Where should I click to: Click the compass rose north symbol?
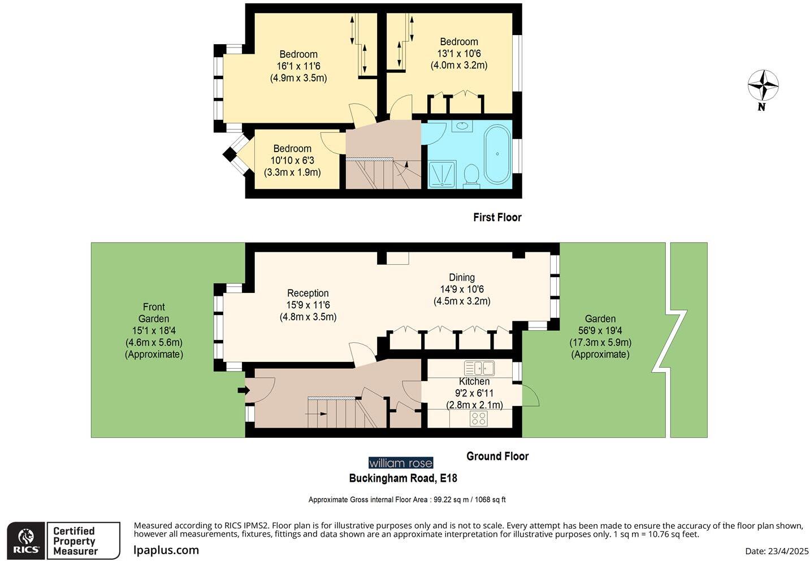coord(763,86)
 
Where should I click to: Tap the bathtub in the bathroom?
coord(497,154)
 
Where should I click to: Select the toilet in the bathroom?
coord(470,175)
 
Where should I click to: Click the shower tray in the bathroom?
coord(442,174)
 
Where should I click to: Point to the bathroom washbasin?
coord(462,126)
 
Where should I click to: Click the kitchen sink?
coord(479,368)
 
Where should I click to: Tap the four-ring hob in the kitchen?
coord(479,418)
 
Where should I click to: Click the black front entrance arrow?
coord(243,390)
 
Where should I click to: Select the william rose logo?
coord(400,463)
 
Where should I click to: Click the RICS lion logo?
coord(26,541)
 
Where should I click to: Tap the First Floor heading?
coord(497,217)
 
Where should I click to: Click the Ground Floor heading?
coord(497,456)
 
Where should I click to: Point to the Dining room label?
coord(461,277)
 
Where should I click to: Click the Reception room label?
coord(307,293)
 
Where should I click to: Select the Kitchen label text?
coord(474,382)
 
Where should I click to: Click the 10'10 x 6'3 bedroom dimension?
coord(292,161)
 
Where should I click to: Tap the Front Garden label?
coord(153,313)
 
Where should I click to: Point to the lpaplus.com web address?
coord(166,550)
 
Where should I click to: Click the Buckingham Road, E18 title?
coord(402,478)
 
